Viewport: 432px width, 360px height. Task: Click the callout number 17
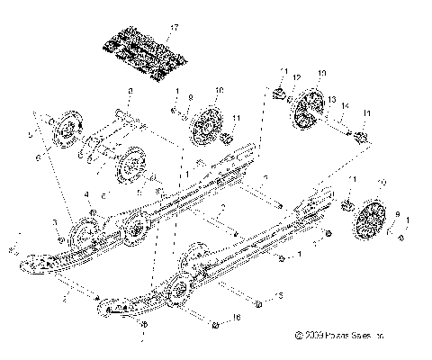[x=175, y=27]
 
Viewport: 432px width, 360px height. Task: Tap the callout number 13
[x=332, y=98]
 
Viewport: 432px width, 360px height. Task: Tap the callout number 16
[x=237, y=318]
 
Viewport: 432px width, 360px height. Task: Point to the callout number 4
[x=86, y=193]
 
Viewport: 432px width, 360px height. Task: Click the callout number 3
[x=55, y=220]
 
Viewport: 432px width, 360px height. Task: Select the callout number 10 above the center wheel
[x=219, y=90]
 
